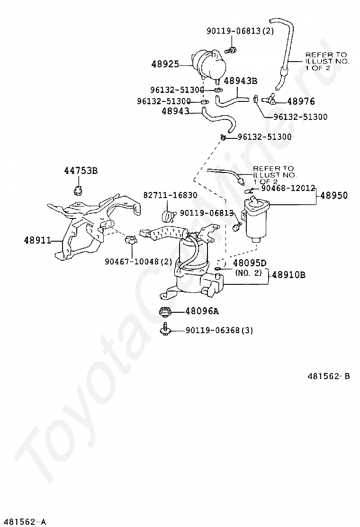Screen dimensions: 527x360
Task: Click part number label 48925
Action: tap(165, 63)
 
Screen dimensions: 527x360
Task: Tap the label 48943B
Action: tap(240, 81)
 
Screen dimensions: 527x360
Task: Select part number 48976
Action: tap(301, 101)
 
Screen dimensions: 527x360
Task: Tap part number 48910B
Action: tap(288, 275)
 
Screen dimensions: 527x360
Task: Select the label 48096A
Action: tap(202, 311)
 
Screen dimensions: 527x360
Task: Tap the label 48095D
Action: tap(250, 263)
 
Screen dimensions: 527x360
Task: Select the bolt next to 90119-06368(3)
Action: tap(166, 330)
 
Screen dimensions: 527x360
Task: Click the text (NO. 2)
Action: tap(249, 273)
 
